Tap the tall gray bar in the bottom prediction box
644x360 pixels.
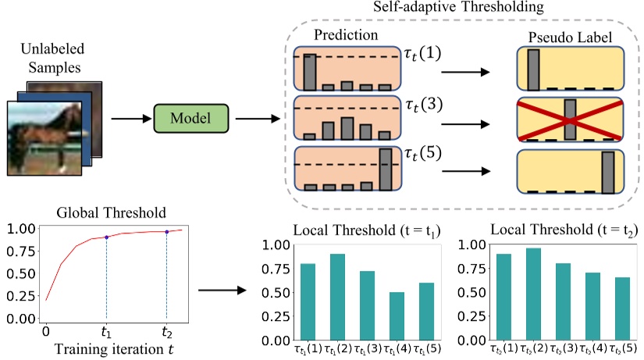(385, 169)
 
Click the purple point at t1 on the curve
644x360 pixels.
(106, 237)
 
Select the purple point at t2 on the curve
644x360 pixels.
(167, 231)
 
